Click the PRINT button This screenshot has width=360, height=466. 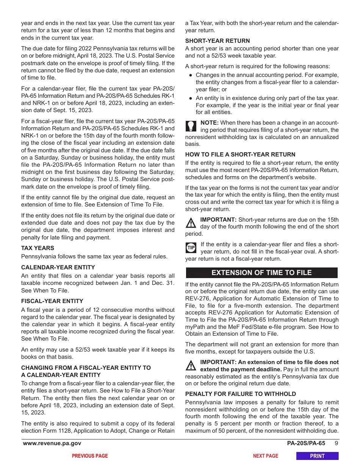pyautogui.click(x=317, y=456)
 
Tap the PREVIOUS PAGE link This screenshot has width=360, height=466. pyautogui.click(x=90, y=456)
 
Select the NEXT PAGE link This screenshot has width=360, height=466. pyautogui.click(x=265, y=456)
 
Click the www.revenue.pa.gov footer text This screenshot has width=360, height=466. pyautogui.click(x=52, y=444)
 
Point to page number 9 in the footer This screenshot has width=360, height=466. pyautogui.click(x=336, y=444)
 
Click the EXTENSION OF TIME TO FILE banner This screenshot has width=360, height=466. pyautogui.click(x=261, y=273)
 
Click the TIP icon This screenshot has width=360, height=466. pyautogui.click(x=191, y=248)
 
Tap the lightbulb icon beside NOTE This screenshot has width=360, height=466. pyautogui.click(x=191, y=125)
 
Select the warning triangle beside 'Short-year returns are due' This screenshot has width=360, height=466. pyautogui.click(x=191, y=223)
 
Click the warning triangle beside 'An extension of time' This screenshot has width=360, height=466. pyautogui.click(x=191, y=366)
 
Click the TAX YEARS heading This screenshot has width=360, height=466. pyautogui.click(x=38, y=248)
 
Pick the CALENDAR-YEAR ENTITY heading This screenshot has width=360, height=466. pyautogui.click(x=58, y=267)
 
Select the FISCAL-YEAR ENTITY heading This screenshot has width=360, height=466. pyautogui.click(x=52, y=301)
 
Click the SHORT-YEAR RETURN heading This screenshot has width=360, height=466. pyautogui.click(x=218, y=41)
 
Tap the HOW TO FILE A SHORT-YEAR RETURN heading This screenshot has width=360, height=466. pyautogui.click(x=240, y=155)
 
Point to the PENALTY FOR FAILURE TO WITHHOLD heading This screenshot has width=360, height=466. pyautogui.click(x=241, y=394)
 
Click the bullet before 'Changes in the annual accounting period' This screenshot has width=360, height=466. pyautogui.click(x=191, y=75)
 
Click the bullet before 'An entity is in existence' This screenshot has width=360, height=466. pyautogui.click(x=191, y=98)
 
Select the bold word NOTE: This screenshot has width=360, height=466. pyautogui.click(x=209, y=123)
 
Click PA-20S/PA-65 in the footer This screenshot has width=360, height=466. pyautogui.click(x=306, y=444)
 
